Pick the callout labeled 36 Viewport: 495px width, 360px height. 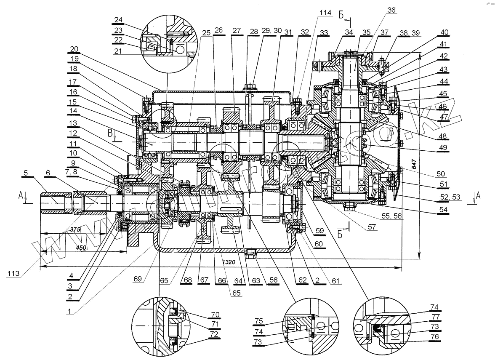[391, 10]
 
